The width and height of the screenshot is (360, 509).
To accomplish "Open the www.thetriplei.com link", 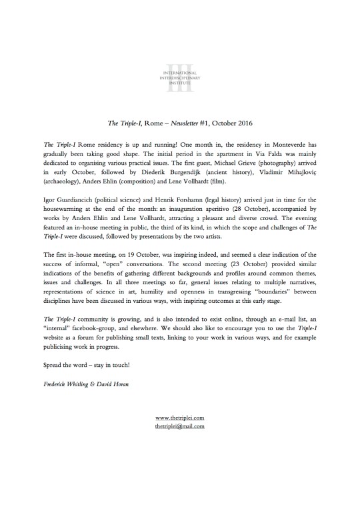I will coord(179,418).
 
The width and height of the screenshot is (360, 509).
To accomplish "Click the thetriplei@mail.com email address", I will coord(179,426).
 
